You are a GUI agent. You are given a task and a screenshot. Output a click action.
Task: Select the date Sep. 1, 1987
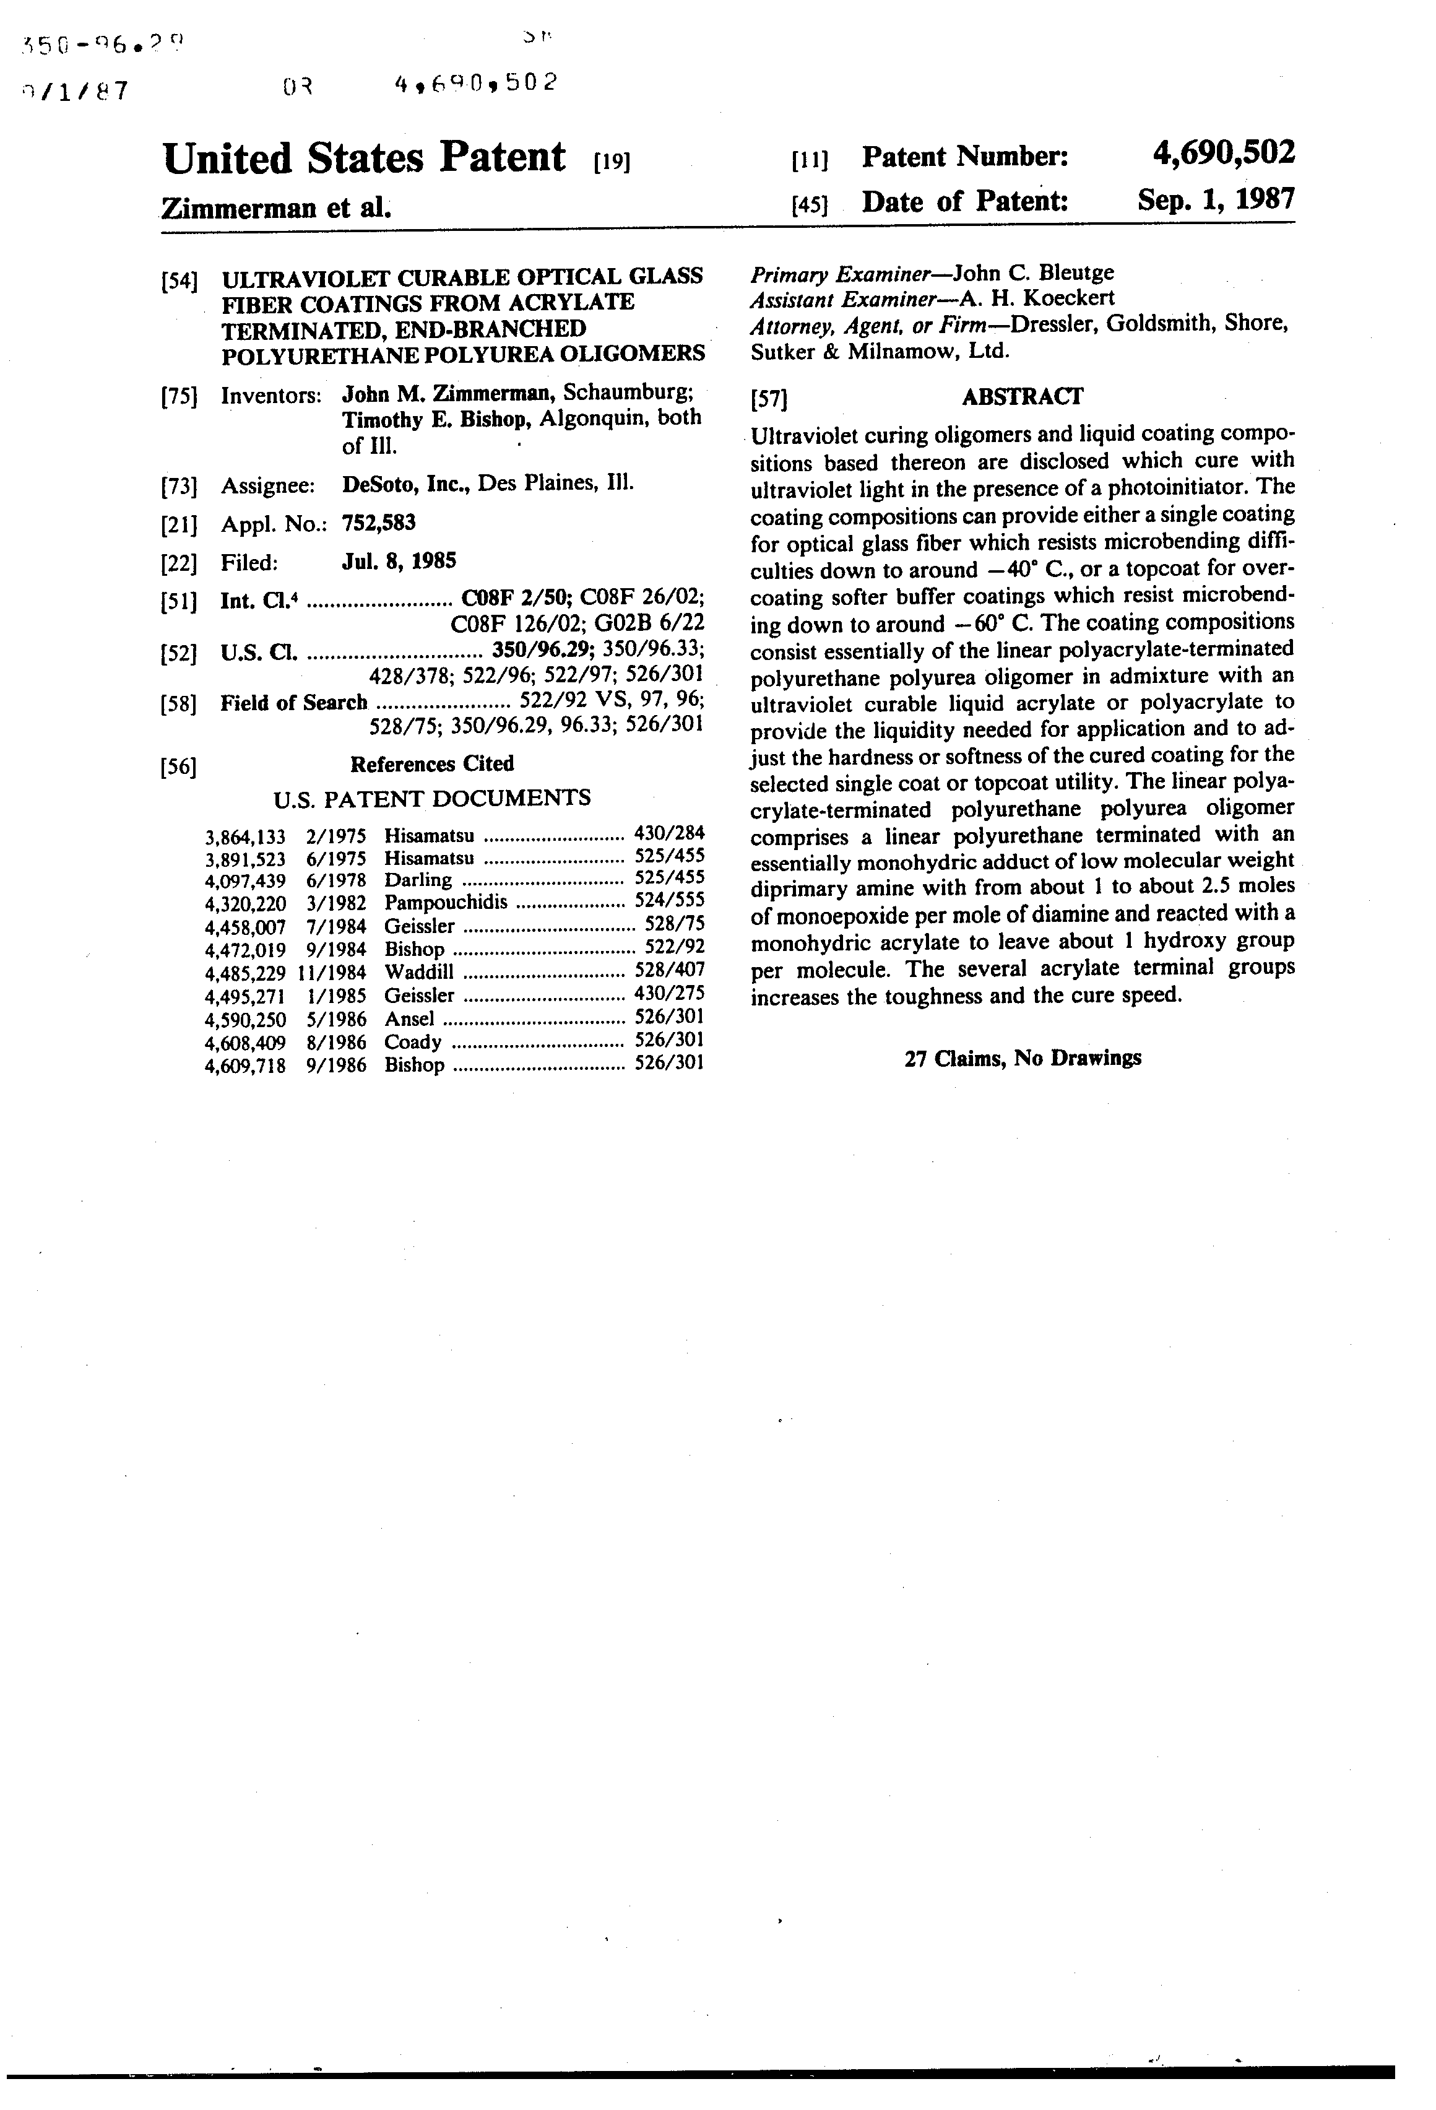[1216, 199]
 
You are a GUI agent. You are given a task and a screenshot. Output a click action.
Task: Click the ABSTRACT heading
[1021, 397]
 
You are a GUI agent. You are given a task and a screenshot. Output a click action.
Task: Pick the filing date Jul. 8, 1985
[399, 561]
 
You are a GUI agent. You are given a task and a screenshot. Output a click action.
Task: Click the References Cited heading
[431, 765]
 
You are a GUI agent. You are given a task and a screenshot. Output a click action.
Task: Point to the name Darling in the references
[418, 880]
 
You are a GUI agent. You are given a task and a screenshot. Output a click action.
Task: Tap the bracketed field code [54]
[179, 280]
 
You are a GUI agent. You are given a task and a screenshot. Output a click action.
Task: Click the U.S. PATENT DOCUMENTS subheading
[431, 798]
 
